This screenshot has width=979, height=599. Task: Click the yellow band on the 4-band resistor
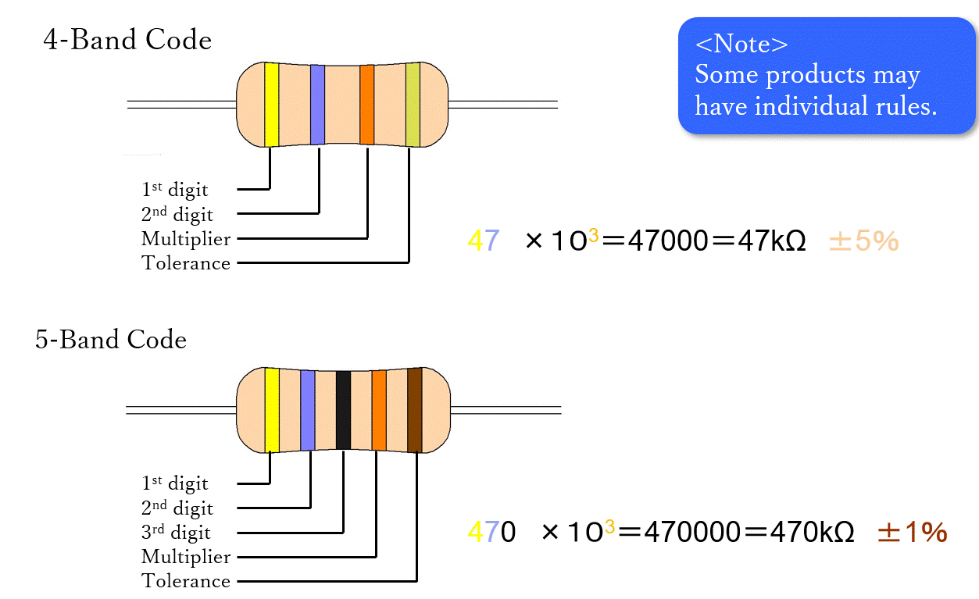pos(271,104)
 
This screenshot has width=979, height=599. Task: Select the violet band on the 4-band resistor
pos(317,104)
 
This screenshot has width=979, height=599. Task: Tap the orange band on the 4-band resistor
pos(366,104)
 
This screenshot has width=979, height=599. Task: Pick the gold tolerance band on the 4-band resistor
pos(413,104)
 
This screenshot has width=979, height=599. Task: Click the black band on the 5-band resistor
pos(343,410)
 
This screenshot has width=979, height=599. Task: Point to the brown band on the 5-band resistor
pos(415,410)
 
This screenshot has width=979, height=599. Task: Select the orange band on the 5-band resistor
pos(379,410)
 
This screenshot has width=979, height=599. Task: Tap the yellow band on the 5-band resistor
pos(272,410)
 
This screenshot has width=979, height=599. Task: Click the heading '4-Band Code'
pos(127,40)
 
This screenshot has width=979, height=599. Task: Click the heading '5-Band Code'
pos(111,340)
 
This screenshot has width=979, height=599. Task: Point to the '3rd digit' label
pos(176,533)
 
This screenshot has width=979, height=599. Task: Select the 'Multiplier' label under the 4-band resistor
pos(186,238)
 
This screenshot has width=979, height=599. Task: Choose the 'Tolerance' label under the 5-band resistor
pos(186,581)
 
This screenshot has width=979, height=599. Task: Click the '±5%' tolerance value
pos(863,241)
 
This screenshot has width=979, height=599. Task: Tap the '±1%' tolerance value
pos(912,533)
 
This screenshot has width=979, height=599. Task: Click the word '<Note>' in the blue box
pos(741,45)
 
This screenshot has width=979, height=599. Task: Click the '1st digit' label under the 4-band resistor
pos(175,189)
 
